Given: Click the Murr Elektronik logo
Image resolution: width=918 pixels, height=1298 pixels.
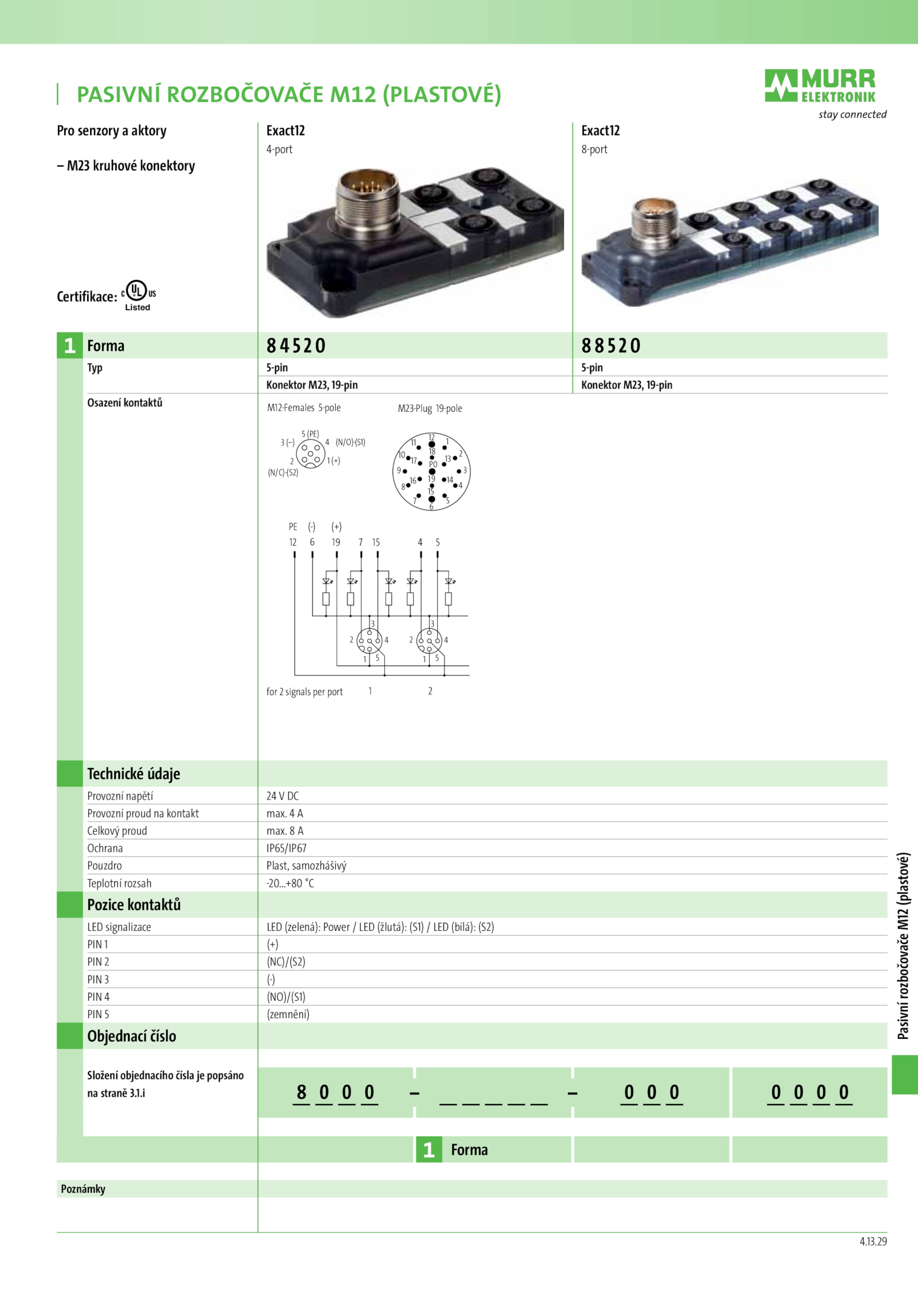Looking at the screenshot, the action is (820, 86).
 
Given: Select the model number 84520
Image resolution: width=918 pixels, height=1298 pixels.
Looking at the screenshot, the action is (296, 346).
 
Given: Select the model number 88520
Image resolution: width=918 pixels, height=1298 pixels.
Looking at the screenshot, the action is (611, 346).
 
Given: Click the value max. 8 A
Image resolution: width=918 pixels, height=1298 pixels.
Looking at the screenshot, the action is (285, 831).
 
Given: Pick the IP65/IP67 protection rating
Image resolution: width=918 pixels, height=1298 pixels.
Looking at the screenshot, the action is (286, 848).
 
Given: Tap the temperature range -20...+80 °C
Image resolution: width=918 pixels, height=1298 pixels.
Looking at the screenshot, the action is (290, 883).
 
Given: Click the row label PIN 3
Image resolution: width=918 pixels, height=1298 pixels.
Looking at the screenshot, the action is (98, 980).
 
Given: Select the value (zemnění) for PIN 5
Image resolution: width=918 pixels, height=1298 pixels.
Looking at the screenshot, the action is (288, 1014).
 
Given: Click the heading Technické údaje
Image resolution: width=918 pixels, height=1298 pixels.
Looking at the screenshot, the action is (134, 774).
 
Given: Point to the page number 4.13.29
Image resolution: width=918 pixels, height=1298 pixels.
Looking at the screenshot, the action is (873, 1242).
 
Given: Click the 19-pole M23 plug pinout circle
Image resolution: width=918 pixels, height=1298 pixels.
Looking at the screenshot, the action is (431, 471).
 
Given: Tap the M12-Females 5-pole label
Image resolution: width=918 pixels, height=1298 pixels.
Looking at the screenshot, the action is (304, 408).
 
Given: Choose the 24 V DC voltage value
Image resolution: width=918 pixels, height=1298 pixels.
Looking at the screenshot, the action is (282, 796).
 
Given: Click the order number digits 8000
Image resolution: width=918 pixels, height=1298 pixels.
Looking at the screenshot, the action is (336, 1092).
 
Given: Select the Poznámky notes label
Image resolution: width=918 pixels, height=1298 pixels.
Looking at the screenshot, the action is (83, 1189).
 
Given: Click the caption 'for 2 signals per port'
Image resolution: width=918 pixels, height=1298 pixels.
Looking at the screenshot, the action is (305, 692).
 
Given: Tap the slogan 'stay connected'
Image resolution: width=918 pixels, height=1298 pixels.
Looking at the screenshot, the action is (853, 115).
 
